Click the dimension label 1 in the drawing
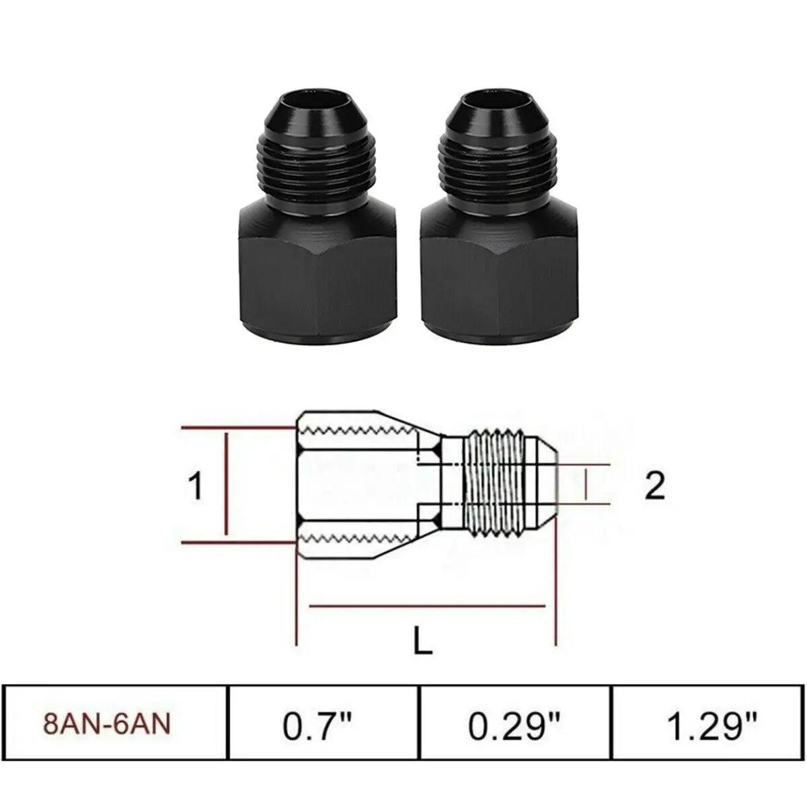click(x=195, y=486)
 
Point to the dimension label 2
click(x=654, y=486)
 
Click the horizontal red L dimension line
click(x=426, y=606)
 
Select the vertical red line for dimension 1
click(x=227, y=486)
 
